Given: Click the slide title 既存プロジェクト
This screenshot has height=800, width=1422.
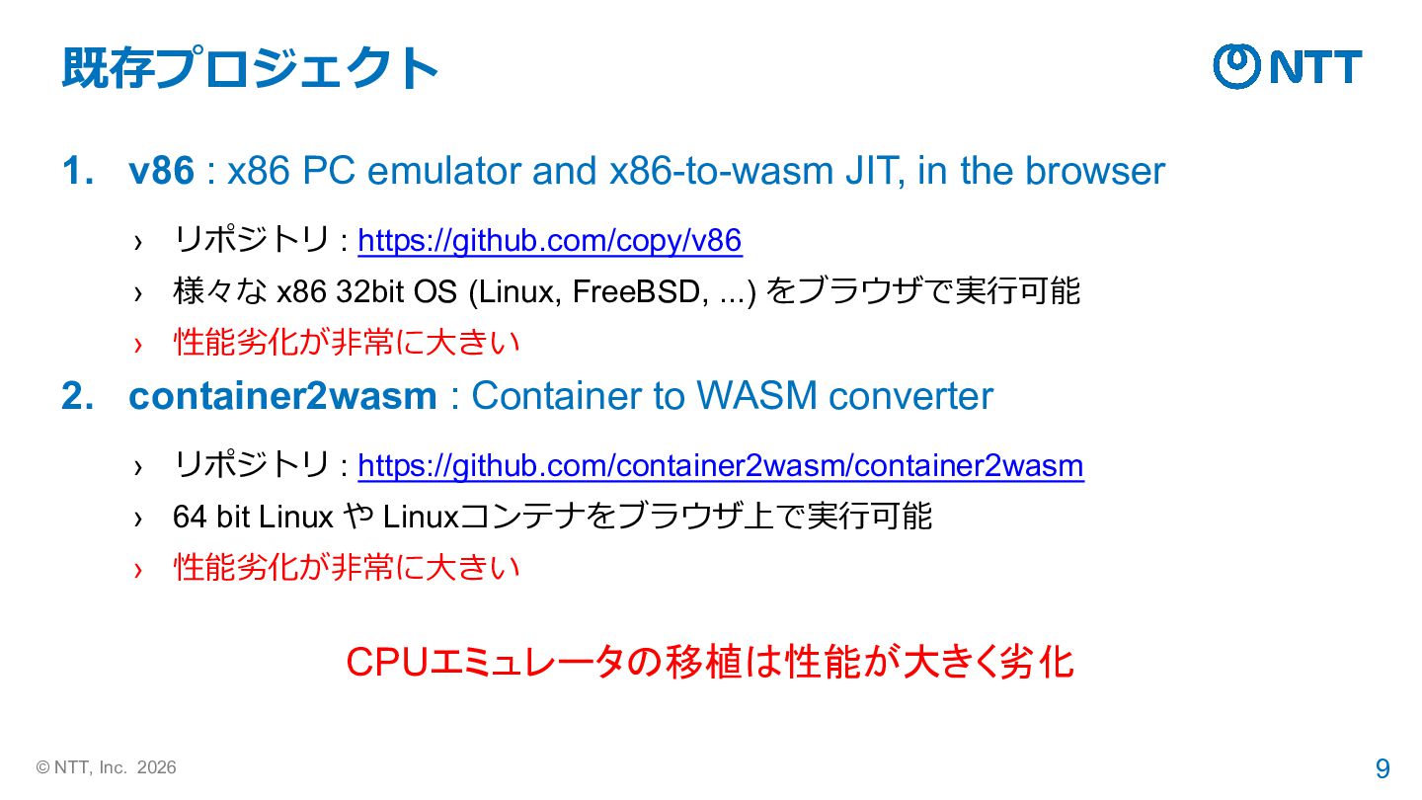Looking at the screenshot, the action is click(x=249, y=68).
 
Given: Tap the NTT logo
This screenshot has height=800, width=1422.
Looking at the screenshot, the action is click(x=1287, y=66).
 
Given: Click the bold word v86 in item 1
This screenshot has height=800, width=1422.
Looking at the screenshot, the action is click(x=162, y=172).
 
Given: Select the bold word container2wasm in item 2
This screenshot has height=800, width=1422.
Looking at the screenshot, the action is click(x=282, y=396).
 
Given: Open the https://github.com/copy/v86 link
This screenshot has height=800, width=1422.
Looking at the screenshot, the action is click(x=549, y=240).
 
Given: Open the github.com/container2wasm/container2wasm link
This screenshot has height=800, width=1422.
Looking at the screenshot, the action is click(x=720, y=465).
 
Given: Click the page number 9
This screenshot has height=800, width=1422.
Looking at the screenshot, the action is click(x=1382, y=768).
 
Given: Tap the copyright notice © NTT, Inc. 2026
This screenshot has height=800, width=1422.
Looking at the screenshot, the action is click(x=107, y=767).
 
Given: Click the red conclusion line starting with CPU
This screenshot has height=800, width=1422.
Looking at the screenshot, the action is click(x=709, y=662).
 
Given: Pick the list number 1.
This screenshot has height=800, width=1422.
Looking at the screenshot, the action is click(x=76, y=172).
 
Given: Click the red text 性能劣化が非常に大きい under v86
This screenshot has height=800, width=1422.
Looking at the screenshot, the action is click(x=347, y=343).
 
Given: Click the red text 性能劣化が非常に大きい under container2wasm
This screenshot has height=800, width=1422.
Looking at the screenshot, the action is click(x=347, y=567).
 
